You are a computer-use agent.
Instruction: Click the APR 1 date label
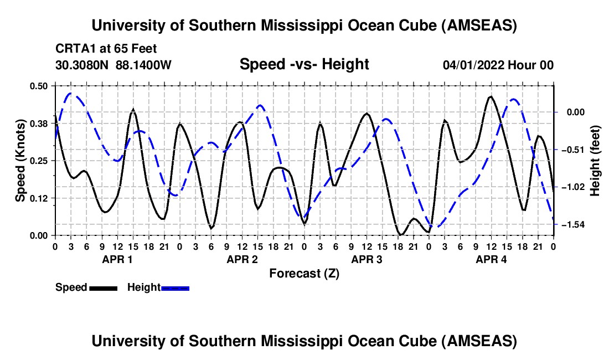pos(117,259)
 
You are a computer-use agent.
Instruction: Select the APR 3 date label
pos(367,259)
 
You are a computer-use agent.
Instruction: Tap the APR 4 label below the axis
pos(492,259)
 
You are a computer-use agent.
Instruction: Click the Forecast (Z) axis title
pos(304,273)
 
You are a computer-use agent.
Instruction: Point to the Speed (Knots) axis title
pos(20,161)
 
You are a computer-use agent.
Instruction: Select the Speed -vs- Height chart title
pos(304,64)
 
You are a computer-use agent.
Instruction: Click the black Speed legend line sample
pos(103,287)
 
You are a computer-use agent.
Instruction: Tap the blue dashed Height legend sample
pos(176,287)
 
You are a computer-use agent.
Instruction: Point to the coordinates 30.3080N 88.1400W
pos(113,65)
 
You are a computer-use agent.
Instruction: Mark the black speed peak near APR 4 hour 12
pos(491,96)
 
